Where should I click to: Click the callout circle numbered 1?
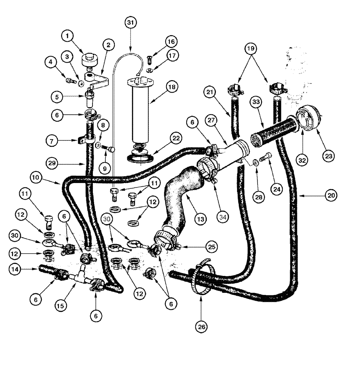point(68,36)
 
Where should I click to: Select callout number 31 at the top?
point(131,23)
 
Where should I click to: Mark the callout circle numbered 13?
point(200,220)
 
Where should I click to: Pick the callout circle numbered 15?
point(61,304)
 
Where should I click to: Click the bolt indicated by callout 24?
point(266,158)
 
